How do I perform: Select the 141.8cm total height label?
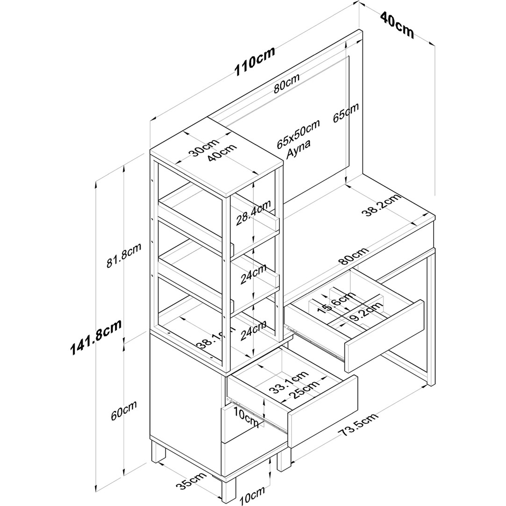pos(96,337)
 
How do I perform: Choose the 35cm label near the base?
pos(191,480)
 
